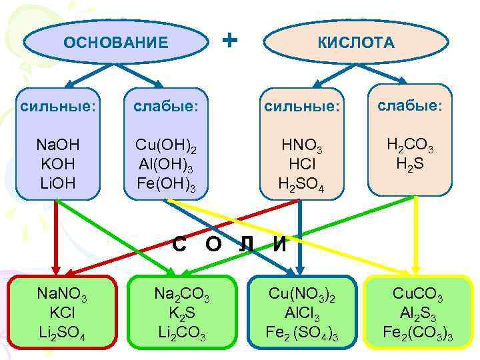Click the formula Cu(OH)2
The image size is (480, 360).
165,146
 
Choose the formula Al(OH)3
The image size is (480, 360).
165,165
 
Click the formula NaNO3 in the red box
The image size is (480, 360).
61,293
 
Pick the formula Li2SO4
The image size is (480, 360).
61,331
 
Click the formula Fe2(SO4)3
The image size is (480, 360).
294,331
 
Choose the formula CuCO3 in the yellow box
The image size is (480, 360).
418,293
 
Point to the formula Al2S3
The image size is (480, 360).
418,312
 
